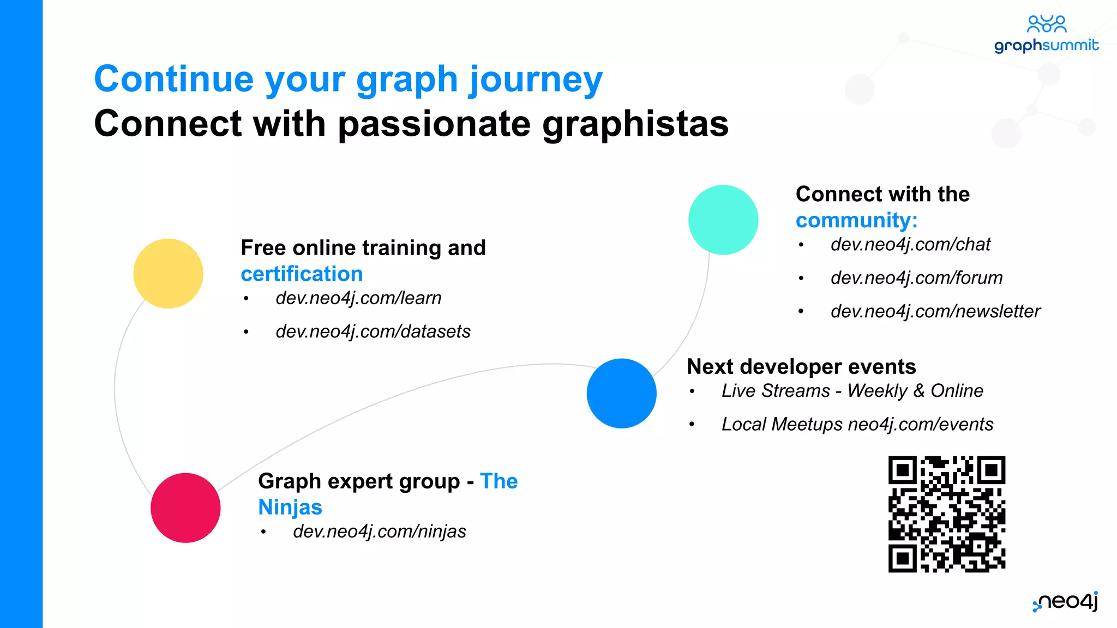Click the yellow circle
click(x=168, y=273)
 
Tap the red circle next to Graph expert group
click(x=185, y=508)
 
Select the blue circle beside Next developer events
click(x=621, y=393)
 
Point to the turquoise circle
click(x=723, y=220)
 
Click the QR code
click(x=946, y=514)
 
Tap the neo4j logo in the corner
click(x=1066, y=601)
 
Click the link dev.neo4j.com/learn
click(x=358, y=298)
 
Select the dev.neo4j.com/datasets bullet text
click(x=373, y=331)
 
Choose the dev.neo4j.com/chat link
click(x=910, y=245)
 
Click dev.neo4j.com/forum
click(x=916, y=278)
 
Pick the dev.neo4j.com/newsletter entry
click(x=935, y=311)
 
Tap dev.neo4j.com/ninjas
click(x=380, y=532)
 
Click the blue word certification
click(x=302, y=274)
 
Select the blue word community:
click(x=856, y=220)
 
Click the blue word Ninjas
click(x=290, y=507)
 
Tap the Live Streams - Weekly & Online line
click(x=852, y=391)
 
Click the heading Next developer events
click(x=801, y=366)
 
